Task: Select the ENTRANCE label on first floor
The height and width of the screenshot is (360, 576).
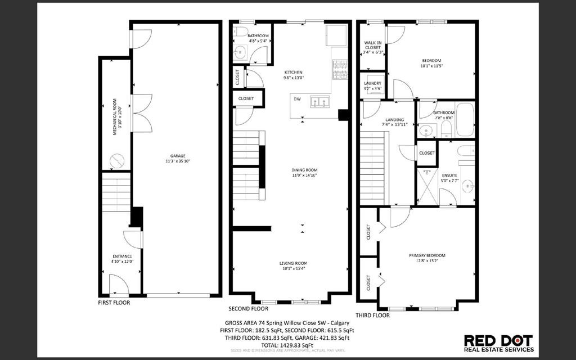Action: pos(121,256)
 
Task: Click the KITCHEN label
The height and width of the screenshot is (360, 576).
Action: pos(293,72)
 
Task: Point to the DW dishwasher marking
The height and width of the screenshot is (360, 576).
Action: pos(297,100)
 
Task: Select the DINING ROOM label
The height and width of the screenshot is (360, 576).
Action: pos(304,170)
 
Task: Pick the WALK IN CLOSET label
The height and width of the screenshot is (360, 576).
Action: pos(373,44)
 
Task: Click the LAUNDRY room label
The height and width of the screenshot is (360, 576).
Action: pos(372,84)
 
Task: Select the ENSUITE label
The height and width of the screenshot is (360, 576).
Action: pos(449,175)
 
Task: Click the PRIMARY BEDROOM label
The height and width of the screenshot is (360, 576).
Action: pos(427,255)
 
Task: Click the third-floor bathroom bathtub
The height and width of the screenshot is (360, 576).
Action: pos(465,119)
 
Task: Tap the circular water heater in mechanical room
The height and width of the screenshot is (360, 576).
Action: pos(116,160)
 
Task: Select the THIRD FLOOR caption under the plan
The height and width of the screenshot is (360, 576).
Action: pos(372,316)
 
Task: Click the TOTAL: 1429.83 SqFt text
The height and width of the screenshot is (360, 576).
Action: pos(287,345)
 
